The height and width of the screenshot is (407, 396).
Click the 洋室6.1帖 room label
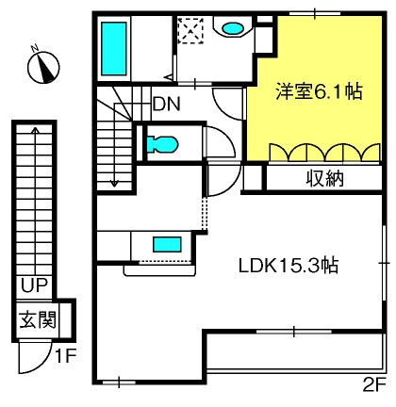tap(319, 91)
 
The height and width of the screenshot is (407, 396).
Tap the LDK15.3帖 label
tap(289, 267)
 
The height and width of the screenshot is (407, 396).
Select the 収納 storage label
tap(324, 179)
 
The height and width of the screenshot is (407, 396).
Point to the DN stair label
tap(167, 105)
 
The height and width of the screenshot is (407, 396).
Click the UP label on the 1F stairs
tap(34, 285)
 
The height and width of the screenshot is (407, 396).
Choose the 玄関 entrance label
tap(38, 319)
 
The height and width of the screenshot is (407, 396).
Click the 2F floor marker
tap(374, 384)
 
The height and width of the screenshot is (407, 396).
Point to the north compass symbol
tap(43, 67)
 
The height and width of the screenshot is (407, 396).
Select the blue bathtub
tap(114, 49)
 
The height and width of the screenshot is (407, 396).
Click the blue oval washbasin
tap(233, 28)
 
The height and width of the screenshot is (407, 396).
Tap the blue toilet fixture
tap(162, 144)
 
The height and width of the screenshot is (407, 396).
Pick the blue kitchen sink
tap(167, 245)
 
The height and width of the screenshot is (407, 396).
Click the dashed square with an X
tap(190, 31)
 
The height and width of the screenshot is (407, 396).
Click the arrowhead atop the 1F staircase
tap(36, 129)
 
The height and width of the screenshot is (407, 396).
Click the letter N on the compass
tap(35, 48)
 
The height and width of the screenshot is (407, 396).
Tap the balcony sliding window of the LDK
tap(294, 332)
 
